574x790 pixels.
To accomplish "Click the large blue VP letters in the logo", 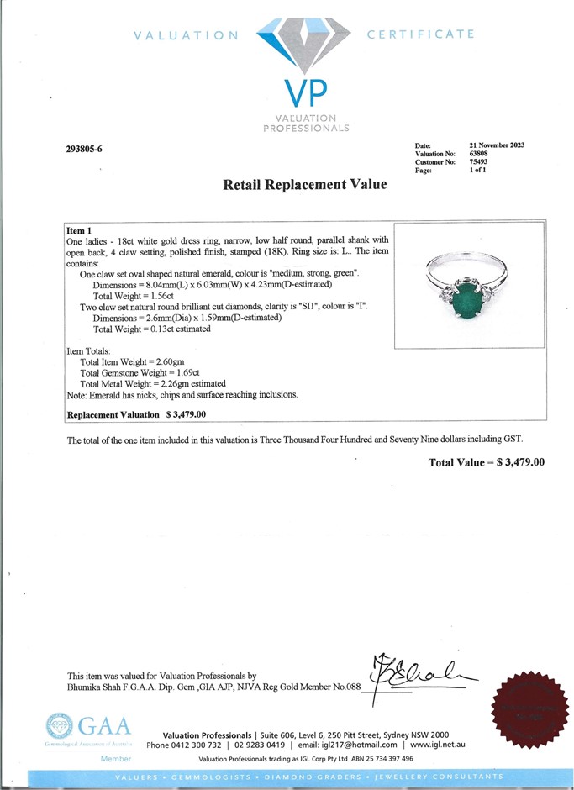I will (x=303, y=92).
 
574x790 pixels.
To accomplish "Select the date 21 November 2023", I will (x=497, y=145).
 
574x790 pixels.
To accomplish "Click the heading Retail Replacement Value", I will (x=305, y=185).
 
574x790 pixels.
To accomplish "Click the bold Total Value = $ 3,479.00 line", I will (x=487, y=462).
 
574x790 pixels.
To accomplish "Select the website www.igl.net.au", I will (x=438, y=745).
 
